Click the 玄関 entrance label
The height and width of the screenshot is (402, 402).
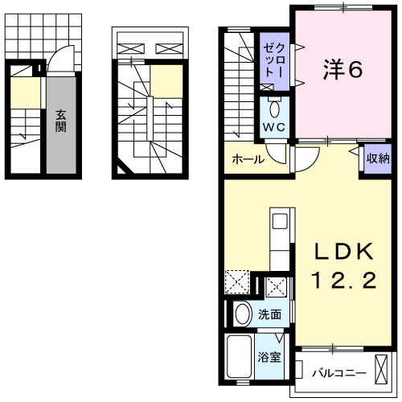tap(61, 120)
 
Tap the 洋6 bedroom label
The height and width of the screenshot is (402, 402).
tap(344, 71)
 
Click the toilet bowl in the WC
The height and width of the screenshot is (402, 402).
tap(274, 109)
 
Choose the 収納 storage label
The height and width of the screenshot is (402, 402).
tap(376, 158)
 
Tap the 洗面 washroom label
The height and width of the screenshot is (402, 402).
tap(269, 315)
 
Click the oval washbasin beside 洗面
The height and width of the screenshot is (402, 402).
tap(243, 314)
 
